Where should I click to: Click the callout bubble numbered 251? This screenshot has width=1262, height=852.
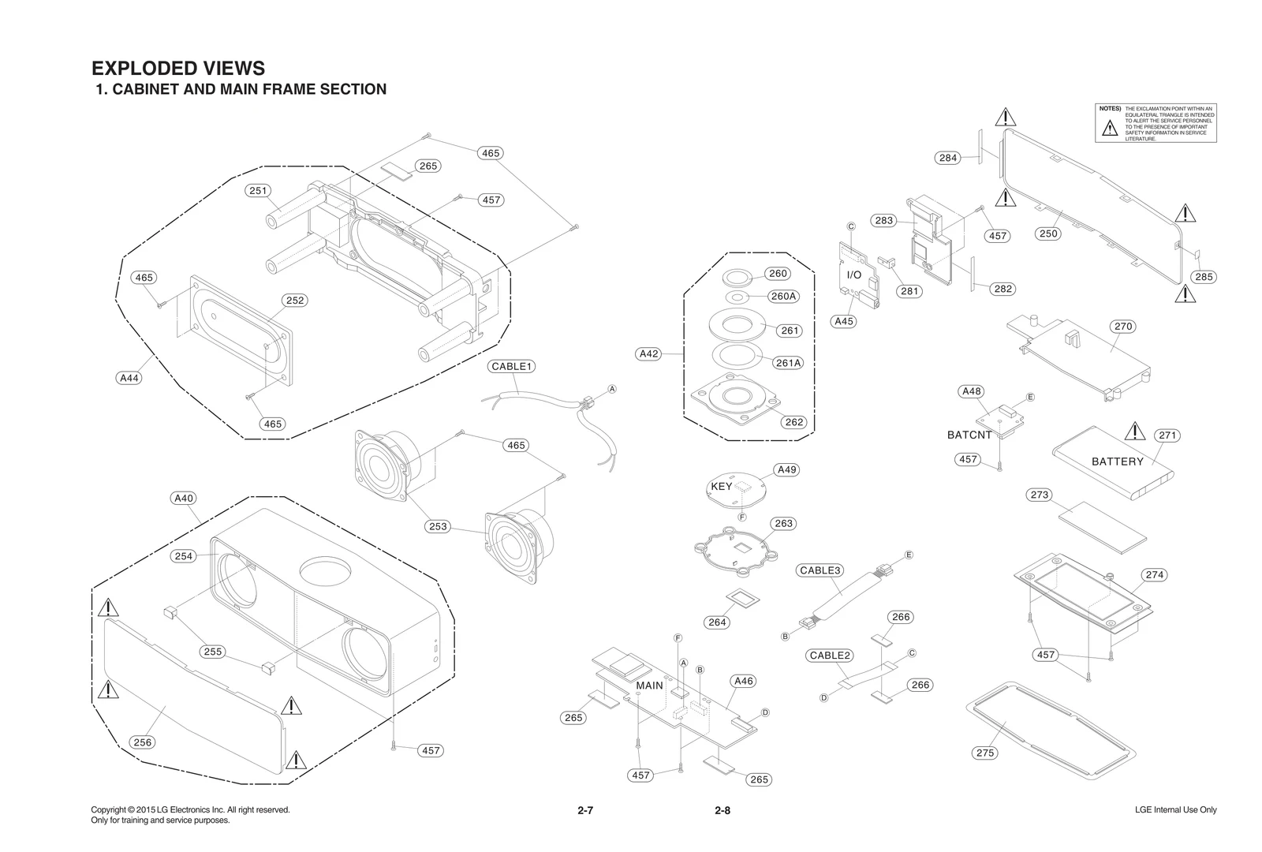[x=259, y=191]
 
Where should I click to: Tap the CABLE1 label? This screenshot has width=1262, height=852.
[x=513, y=366]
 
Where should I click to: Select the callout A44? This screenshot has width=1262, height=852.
[x=129, y=378]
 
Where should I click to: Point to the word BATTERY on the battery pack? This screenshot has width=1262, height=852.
[x=1117, y=461]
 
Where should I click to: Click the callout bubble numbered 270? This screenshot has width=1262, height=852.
[x=1123, y=327]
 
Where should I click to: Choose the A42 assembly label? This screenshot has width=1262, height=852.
[x=648, y=354]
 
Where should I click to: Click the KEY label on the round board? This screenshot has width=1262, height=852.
[x=721, y=487]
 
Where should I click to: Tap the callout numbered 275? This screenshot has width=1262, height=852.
[x=985, y=753]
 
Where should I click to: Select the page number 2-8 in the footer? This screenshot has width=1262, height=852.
[x=722, y=810]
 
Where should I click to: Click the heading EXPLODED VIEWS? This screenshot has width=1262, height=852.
[x=178, y=69]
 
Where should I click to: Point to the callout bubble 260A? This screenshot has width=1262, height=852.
[x=783, y=297]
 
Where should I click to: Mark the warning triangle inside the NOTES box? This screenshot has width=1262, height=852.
[x=1110, y=128]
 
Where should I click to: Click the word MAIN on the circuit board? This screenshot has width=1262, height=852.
[x=649, y=686]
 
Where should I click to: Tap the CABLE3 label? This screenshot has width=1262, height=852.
[x=820, y=570]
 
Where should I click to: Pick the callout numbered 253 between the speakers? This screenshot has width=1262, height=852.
[x=438, y=526]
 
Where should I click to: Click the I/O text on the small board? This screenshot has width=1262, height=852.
[x=854, y=275]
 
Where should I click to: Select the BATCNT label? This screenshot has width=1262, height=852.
[x=969, y=435]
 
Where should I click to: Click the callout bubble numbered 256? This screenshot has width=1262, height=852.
[x=143, y=742]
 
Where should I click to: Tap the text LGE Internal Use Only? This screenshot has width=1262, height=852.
[x=1175, y=810]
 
